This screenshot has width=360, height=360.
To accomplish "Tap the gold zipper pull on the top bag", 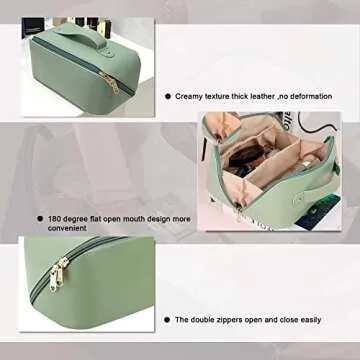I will (x=112, y=86).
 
